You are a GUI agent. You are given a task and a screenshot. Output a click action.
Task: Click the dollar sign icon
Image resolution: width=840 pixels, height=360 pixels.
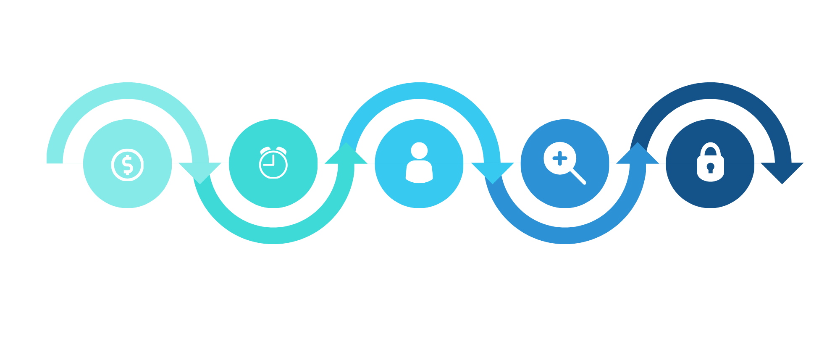pyautogui.click(x=127, y=165)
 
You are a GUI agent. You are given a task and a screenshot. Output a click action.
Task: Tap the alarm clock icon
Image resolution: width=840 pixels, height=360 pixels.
pyautogui.click(x=273, y=163)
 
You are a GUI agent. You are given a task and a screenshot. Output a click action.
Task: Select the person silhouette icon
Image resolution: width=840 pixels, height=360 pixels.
pyautogui.click(x=419, y=163)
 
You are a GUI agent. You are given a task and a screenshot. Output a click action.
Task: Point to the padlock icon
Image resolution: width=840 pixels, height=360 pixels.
pyautogui.click(x=710, y=163)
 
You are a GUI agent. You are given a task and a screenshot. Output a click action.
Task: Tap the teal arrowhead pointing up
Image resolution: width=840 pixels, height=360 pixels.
pyautogui.click(x=346, y=154)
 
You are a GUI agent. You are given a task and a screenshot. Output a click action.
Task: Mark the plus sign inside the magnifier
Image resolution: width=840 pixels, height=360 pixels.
pyautogui.click(x=560, y=159)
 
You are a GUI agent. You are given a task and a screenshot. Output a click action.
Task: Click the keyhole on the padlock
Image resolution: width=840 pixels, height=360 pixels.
pyautogui.click(x=710, y=168)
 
